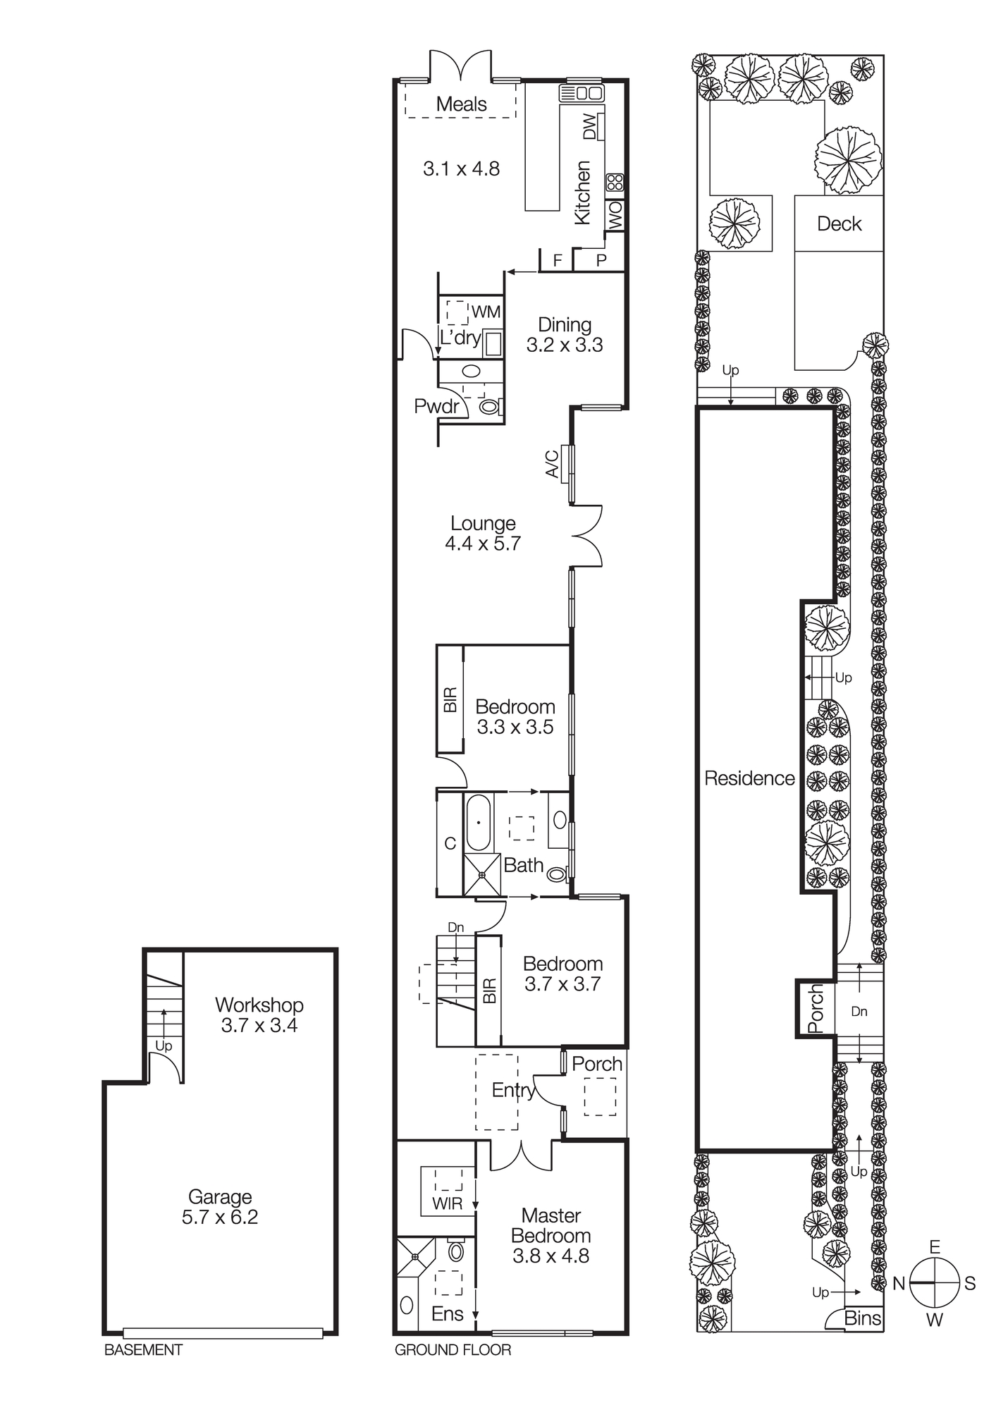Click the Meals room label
pyautogui.click(x=461, y=104)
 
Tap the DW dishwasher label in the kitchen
pyautogui.click(x=589, y=127)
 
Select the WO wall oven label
pyautogui.click(x=615, y=215)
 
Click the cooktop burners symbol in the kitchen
pyautogui.click(x=615, y=182)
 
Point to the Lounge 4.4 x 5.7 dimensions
pyautogui.click(x=482, y=544)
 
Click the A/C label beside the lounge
pyautogui.click(x=553, y=464)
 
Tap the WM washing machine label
pyautogui.click(x=486, y=312)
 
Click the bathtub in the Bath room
pyautogui.click(x=478, y=823)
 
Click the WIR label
pyautogui.click(x=448, y=1203)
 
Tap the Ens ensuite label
pyautogui.click(x=448, y=1313)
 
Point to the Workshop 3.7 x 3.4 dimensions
pyautogui.click(x=259, y=1025)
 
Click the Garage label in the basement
pyautogui.click(x=220, y=1196)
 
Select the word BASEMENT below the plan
pyautogui.click(x=143, y=1350)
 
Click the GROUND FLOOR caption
pyautogui.click(x=453, y=1350)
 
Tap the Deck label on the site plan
pyautogui.click(x=839, y=223)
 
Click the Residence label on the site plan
pyautogui.click(x=749, y=778)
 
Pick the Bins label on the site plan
pyautogui.click(x=863, y=1318)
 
